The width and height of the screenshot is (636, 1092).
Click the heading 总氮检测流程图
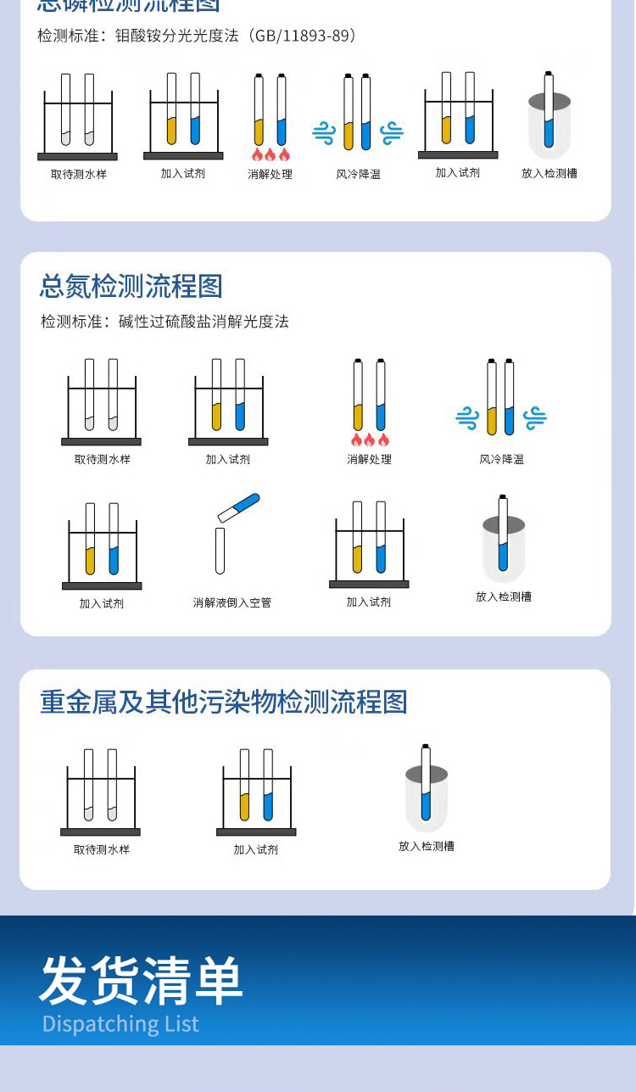point(131,286)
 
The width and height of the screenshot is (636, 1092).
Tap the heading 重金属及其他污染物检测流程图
point(224,702)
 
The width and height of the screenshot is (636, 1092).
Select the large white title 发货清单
point(141,980)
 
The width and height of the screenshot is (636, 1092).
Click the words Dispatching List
point(120,1024)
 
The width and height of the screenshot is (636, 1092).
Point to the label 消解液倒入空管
point(232,603)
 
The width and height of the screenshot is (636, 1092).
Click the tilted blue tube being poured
point(239,507)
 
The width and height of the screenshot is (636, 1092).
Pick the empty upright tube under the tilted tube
point(220,551)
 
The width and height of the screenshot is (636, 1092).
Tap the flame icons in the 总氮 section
point(370,440)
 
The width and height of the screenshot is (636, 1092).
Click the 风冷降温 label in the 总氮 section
point(501,459)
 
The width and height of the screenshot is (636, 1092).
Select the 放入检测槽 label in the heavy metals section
point(426,846)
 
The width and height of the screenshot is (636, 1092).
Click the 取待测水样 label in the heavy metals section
point(101,849)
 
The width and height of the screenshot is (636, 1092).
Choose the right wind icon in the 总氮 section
point(534,417)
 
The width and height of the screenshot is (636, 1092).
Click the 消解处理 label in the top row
point(270,174)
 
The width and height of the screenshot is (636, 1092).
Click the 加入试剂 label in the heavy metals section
point(255,849)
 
